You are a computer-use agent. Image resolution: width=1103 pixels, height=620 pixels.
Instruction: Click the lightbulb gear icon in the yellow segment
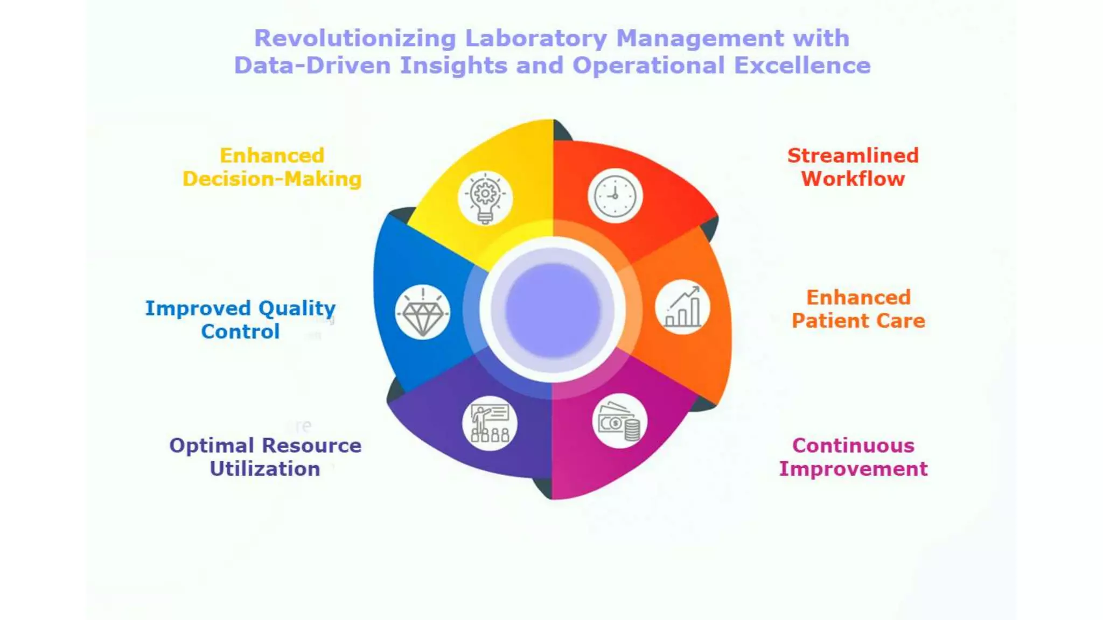click(485, 198)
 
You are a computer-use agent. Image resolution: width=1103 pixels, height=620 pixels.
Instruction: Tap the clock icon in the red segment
click(615, 196)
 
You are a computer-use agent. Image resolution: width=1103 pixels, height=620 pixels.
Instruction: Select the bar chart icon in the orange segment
click(682, 307)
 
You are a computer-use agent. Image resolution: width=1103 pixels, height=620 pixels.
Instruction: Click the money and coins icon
click(619, 421)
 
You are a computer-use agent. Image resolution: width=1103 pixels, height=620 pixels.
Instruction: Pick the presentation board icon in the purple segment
click(490, 423)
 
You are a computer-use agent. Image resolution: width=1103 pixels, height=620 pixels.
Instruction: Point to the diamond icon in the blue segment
click(423, 312)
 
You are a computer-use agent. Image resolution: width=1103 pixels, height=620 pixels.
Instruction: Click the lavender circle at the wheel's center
click(553, 310)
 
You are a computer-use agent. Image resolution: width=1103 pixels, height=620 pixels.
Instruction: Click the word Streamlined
click(853, 156)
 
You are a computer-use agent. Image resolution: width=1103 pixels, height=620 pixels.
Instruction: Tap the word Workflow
click(853, 179)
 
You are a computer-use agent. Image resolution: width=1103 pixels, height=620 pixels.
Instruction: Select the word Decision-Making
click(272, 179)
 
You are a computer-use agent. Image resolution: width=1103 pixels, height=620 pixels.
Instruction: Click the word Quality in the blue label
click(297, 308)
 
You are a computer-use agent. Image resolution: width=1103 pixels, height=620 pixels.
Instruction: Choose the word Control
click(240, 332)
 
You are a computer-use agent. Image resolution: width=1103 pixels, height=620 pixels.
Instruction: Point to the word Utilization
click(265, 469)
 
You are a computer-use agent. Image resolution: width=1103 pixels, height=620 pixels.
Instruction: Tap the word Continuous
click(853, 446)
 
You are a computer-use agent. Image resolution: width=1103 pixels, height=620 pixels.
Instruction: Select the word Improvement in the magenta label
click(853, 469)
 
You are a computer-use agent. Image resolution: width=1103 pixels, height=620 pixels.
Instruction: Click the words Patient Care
click(858, 321)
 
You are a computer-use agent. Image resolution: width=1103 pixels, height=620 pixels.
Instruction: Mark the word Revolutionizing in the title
click(355, 38)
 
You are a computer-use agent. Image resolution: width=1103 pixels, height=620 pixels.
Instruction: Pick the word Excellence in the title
click(802, 66)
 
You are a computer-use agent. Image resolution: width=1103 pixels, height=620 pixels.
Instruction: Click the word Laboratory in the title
click(536, 38)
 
